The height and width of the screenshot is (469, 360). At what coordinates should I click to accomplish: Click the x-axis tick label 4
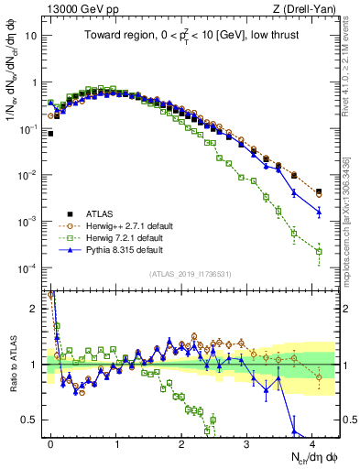pos(312,442)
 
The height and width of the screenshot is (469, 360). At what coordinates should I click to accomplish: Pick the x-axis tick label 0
pos(50,442)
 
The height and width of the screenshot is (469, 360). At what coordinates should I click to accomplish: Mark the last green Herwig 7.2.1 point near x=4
pos(319,251)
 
